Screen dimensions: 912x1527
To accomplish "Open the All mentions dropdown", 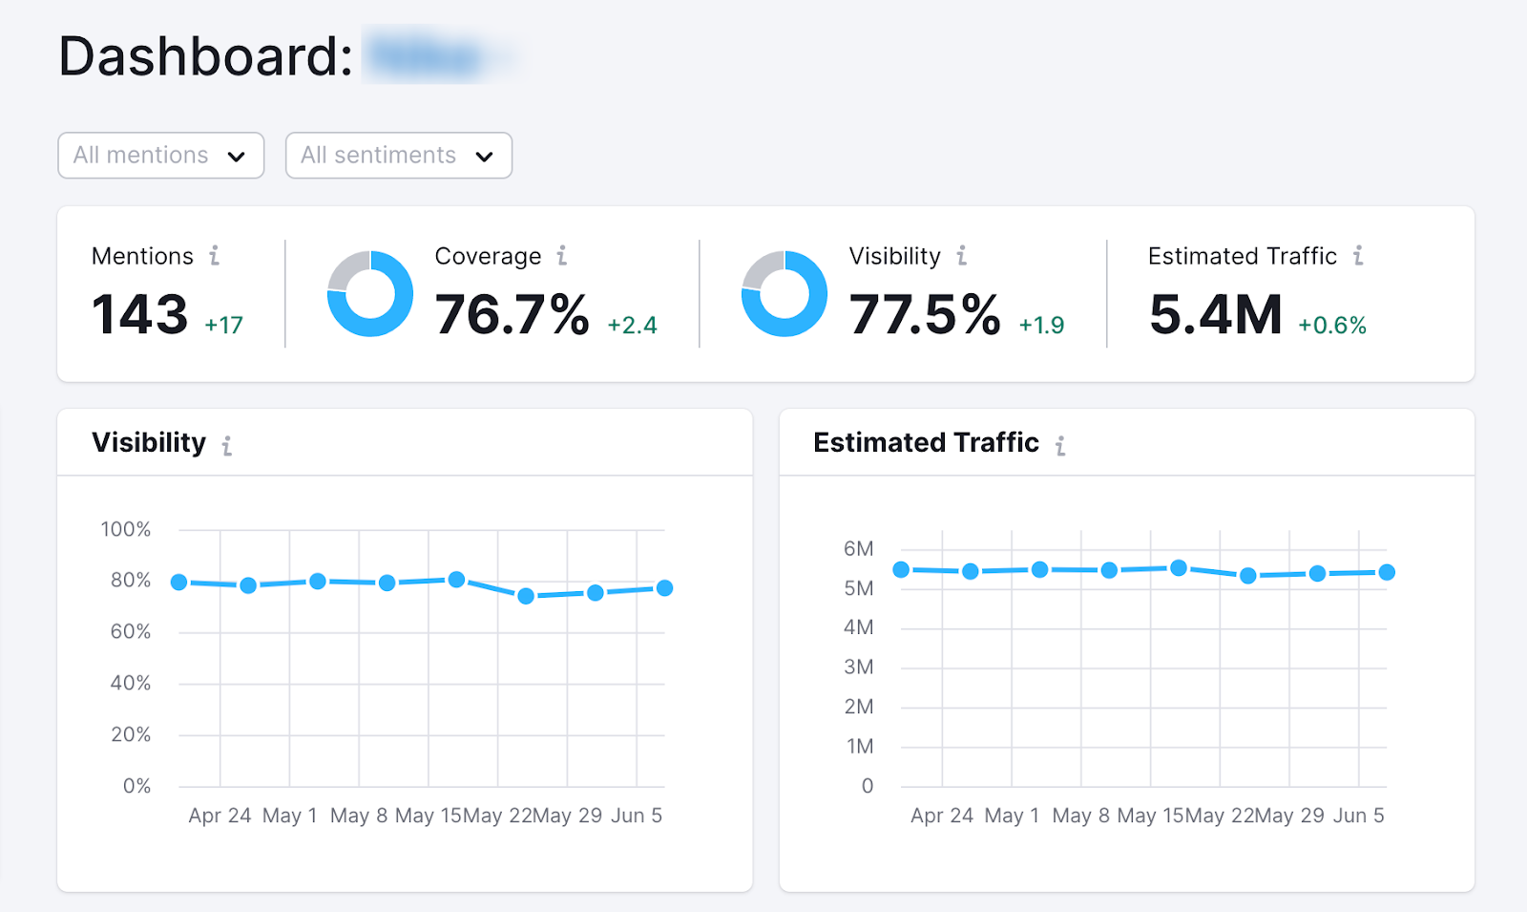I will pos(160,156).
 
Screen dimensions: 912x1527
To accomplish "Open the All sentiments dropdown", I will pos(398,156).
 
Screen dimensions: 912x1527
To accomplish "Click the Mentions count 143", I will pos(140,315).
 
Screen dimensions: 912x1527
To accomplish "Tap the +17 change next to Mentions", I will pos(224,326).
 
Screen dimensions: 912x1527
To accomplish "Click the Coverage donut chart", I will pos(370,294).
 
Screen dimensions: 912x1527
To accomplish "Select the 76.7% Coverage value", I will pos(512,315).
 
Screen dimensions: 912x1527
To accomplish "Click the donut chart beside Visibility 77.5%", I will pos(784,294).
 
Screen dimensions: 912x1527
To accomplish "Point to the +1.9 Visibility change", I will pos(1041,326).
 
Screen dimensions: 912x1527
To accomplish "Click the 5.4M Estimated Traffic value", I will pos(1216,315).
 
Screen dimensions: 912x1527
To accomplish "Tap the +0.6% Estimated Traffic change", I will pos(1332,326).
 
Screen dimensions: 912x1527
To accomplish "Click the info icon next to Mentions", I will pos(215,256).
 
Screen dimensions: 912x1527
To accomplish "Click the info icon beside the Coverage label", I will pos(562,256).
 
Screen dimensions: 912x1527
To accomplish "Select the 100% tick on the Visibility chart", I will pos(126,529).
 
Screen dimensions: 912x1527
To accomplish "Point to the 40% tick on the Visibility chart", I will pos(131,683).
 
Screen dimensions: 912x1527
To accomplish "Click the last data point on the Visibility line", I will pos(665,588).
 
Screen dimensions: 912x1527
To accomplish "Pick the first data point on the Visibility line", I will pos(179,583).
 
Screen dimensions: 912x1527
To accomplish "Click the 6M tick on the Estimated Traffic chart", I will pos(859,549).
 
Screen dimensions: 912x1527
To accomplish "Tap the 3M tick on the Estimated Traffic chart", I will pos(859,668).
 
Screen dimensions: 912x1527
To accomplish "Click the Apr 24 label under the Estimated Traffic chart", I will pos(942,816).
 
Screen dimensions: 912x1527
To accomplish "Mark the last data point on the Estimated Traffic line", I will pos(1388,572).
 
